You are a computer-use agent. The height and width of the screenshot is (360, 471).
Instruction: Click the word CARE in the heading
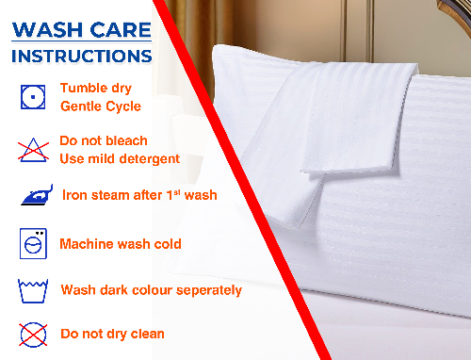(x=121, y=29)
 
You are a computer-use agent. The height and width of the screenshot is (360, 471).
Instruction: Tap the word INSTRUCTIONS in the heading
(x=80, y=56)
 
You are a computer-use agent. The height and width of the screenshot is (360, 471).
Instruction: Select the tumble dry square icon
(x=32, y=95)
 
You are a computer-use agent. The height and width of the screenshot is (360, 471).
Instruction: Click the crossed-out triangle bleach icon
(x=32, y=147)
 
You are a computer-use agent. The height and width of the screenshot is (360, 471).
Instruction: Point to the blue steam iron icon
(x=34, y=196)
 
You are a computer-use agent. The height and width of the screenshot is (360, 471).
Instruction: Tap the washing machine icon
(x=33, y=243)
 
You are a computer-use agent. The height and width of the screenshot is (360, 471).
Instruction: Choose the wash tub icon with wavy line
(x=32, y=288)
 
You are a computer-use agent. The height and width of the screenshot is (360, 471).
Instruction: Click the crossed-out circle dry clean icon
(x=32, y=333)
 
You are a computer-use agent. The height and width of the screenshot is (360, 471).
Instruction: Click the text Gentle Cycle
(x=101, y=106)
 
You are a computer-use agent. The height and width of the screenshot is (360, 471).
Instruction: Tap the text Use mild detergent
(x=120, y=158)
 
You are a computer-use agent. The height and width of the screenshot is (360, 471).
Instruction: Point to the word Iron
(x=76, y=196)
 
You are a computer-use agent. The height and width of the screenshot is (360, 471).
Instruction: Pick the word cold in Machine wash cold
(x=165, y=244)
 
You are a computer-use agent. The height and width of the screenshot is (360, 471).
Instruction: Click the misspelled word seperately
(x=203, y=289)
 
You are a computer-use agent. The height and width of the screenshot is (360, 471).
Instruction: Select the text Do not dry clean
(x=112, y=334)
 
